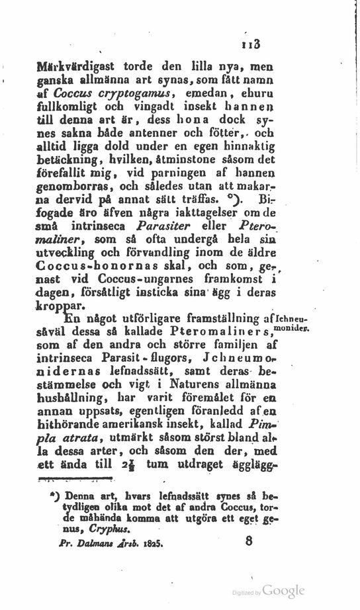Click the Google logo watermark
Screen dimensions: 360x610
(x=285, y=591)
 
